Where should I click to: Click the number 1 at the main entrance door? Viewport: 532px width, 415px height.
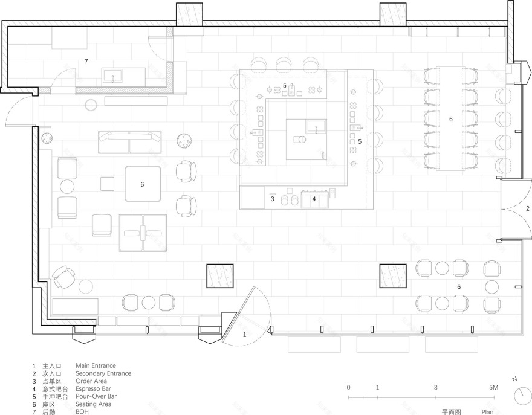click(245, 333)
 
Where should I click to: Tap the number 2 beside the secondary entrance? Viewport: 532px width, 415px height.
click(527, 208)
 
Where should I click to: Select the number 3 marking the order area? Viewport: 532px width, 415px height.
click(273, 199)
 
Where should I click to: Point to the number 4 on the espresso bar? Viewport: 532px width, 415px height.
click(314, 199)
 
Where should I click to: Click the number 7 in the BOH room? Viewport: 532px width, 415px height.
click(86, 62)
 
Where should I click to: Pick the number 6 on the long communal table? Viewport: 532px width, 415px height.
click(450, 120)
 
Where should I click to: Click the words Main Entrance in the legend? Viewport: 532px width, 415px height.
click(96, 366)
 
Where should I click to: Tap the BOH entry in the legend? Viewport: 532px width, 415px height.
click(82, 412)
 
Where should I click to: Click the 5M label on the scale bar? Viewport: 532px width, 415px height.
click(493, 387)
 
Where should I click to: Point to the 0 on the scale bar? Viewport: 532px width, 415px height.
click(349, 387)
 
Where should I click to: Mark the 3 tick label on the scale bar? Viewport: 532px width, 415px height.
click(436, 387)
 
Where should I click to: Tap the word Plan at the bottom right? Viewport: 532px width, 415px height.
click(487, 412)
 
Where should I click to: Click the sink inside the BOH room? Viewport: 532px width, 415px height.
click(114, 76)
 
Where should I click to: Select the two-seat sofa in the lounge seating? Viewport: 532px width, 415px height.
click(129, 142)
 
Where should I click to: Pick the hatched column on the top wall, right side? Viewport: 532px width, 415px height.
click(392, 14)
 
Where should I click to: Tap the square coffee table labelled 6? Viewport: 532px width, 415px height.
click(143, 184)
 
